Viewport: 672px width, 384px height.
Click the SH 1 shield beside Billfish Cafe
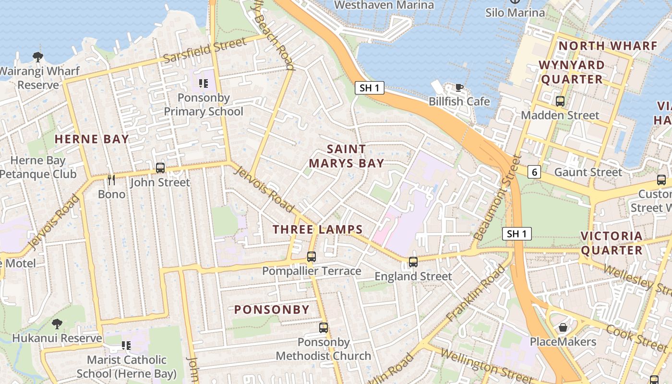[370, 88]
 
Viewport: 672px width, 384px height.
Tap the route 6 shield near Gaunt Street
[534, 172]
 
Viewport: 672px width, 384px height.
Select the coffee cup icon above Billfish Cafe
[459, 87]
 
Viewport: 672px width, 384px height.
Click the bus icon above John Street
[160, 168]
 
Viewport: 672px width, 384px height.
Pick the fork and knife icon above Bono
[111, 180]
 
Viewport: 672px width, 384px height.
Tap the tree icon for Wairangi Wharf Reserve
[38, 57]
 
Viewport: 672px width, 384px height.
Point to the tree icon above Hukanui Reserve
[57, 324]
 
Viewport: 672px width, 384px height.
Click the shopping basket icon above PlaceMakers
[563, 327]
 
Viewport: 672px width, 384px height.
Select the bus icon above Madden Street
[560, 101]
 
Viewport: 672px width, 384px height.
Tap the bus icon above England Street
[413, 262]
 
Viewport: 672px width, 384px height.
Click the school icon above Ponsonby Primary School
[204, 84]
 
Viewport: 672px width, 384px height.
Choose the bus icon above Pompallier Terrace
[312, 257]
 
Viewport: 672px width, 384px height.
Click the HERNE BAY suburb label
[92, 139]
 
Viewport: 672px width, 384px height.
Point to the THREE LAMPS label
[317, 229]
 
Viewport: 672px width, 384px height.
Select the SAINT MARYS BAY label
[346, 156]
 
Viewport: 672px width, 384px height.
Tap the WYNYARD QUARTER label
[571, 72]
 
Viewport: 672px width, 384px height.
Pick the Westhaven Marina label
[384, 5]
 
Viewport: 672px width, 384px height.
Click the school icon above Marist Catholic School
[126, 346]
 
